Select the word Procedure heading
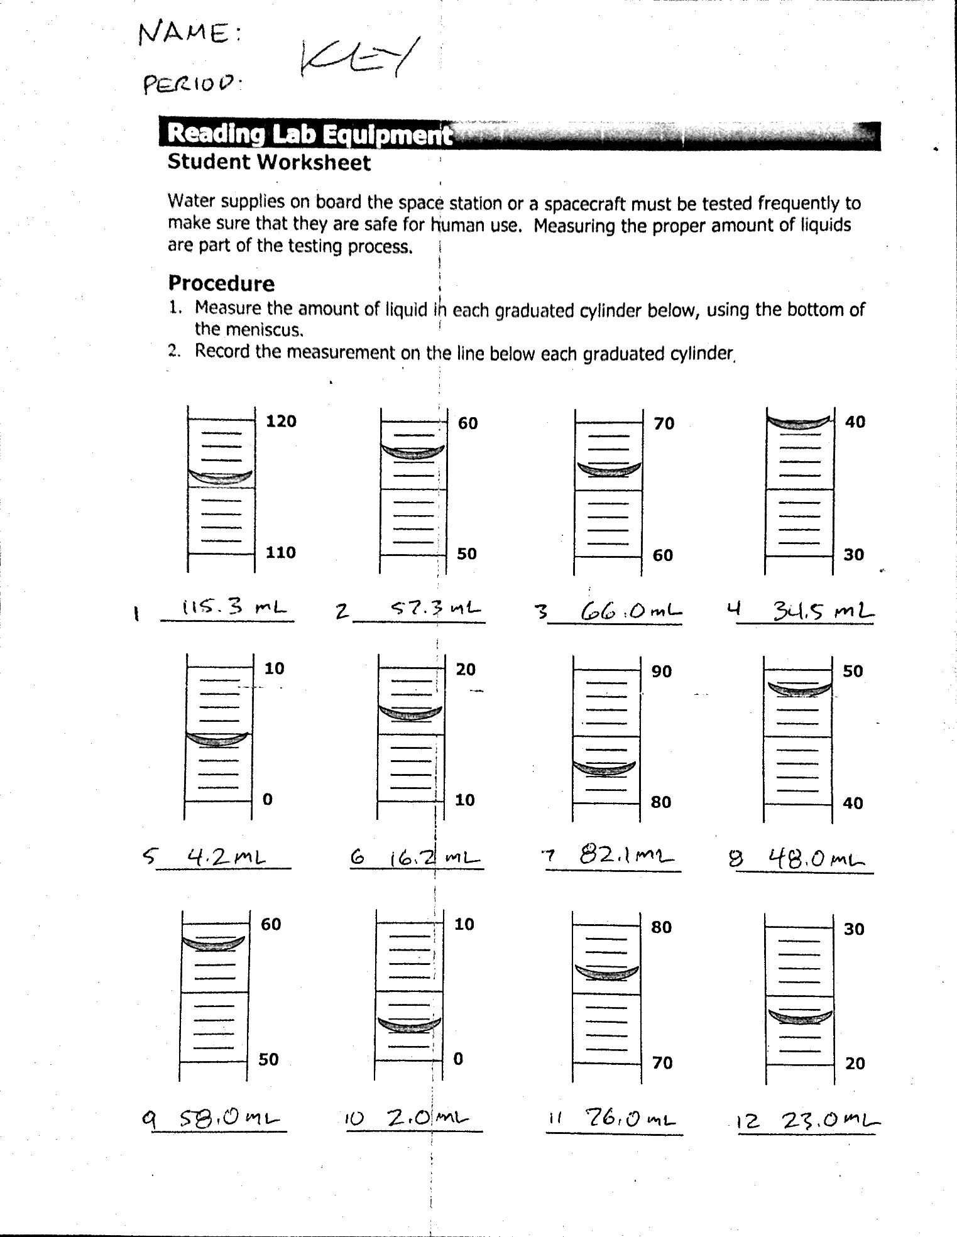[221, 283]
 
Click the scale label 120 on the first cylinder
[281, 421]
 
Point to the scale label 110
[281, 552]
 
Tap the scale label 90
[661, 672]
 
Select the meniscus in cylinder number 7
[604, 768]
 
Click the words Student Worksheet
[269, 163]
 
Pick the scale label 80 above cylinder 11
[661, 927]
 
